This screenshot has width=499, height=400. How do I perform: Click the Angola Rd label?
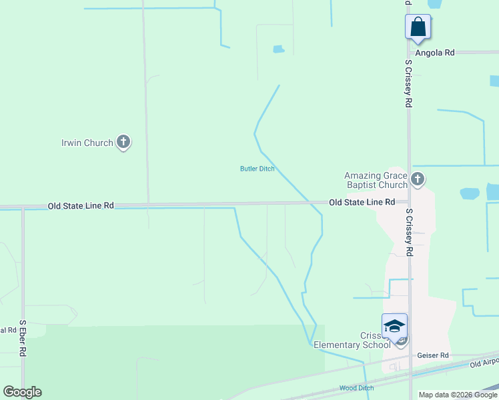coord(434,52)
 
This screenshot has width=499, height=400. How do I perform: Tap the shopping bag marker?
coord(418,27)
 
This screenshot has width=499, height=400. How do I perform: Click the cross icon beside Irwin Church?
coord(123,141)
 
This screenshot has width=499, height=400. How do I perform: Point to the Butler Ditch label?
coord(258,169)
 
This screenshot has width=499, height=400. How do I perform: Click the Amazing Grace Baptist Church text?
coord(376,180)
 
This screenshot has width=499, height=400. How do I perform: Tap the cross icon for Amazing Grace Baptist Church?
coord(418,179)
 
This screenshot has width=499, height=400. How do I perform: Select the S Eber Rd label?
coord(22,339)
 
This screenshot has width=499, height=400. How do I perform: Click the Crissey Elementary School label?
coord(352,340)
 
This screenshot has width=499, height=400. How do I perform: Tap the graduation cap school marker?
coord(394,325)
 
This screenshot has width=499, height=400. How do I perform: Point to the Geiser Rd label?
coord(432,356)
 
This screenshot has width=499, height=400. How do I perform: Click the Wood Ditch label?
coord(356,388)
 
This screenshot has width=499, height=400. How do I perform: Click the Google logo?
coord(22,392)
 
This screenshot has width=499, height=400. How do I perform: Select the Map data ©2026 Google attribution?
coord(458,395)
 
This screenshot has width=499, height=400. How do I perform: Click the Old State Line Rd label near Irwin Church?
coord(81,207)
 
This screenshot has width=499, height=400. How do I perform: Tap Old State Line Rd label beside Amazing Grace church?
coord(362,202)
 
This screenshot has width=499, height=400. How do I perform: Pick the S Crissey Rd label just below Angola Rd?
coord(408,83)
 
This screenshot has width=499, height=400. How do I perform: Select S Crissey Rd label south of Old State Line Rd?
coord(408,232)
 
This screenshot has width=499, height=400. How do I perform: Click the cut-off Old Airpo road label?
coord(484,363)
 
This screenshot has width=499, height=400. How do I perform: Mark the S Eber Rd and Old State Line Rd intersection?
coord(23,207)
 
